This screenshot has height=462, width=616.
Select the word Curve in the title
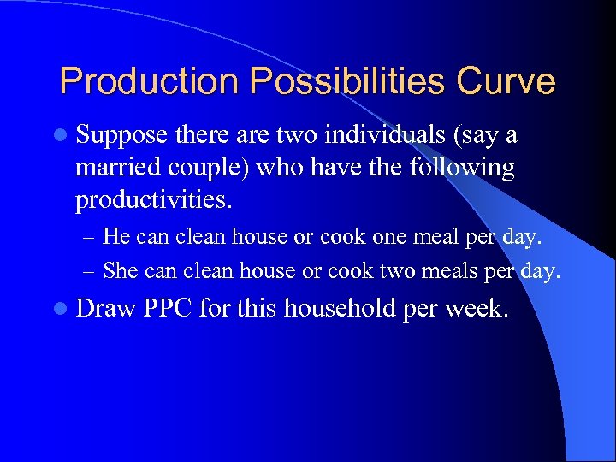click(x=506, y=82)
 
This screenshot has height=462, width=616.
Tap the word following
click(x=464, y=169)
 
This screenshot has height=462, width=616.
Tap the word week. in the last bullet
click(x=478, y=308)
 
